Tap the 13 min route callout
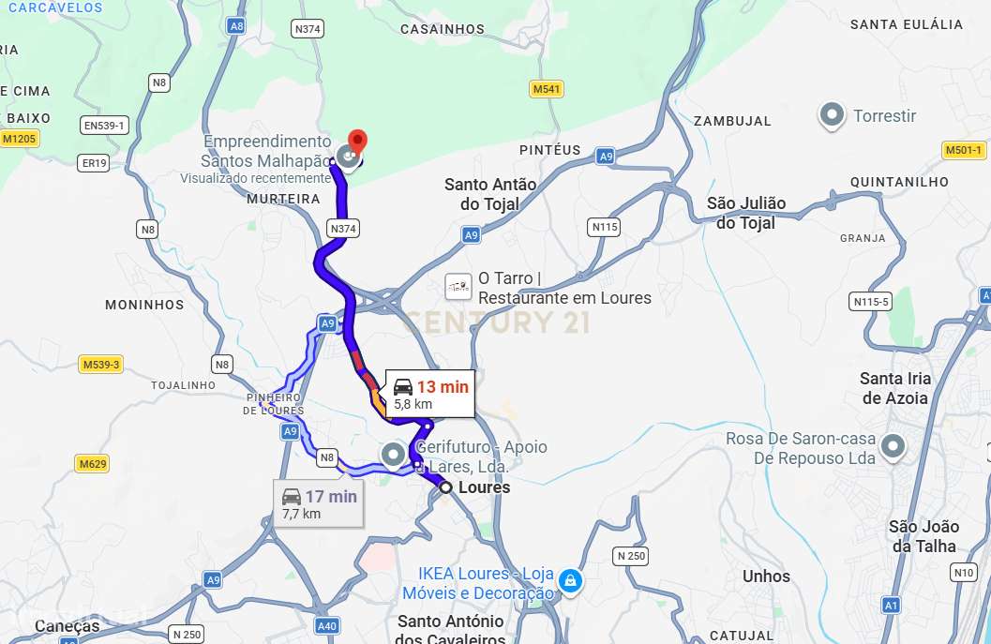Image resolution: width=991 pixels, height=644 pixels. [429, 394]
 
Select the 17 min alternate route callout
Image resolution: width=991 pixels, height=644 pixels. [320, 503]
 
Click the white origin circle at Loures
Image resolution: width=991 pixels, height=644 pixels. [446, 487]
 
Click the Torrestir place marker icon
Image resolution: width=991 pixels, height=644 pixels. [831, 116]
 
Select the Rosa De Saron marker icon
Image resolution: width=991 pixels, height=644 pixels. [893, 447]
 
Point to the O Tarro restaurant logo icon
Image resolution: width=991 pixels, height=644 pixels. [458, 287]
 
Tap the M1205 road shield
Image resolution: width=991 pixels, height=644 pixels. [19, 139]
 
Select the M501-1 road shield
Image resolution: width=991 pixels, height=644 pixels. [963, 150]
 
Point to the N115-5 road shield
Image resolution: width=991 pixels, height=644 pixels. [871, 301]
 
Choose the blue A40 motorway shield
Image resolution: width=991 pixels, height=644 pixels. [327, 626]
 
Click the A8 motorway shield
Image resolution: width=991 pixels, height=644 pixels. [237, 26]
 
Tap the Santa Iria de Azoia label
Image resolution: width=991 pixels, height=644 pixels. [895, 388]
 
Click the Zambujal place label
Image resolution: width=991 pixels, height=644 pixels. [731, 121]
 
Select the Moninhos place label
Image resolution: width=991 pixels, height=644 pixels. [144, 305]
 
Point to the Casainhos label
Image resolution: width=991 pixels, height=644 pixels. [443, 29]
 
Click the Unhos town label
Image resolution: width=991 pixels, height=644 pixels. [766, 577]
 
